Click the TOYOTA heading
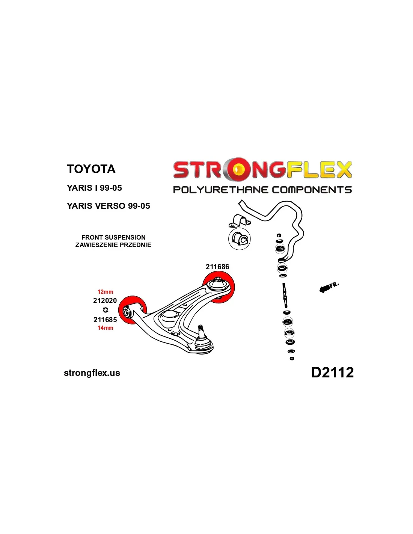pos(91,169)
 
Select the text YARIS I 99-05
pos(94,188)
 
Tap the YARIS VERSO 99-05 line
pos(108,206)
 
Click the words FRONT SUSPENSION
pos(113,237)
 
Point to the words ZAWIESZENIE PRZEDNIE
pos(113,245)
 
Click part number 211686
pos(217,267)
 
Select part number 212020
pos(105,300)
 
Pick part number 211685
pos(105,320)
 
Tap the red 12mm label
pos(105,292)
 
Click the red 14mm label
pos(105,328)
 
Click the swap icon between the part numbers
pos(106,310)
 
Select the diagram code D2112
pos(332,372)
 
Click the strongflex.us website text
pos(92,373)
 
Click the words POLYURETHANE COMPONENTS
pos(262,190)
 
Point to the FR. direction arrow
pos(328,287)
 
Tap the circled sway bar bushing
pos(239,239)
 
